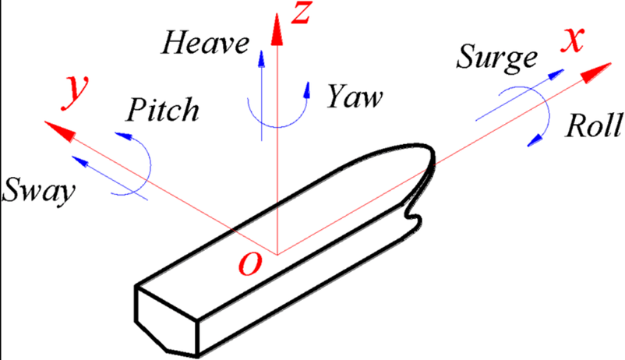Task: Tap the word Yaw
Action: pos(355,96)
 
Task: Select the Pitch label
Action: pos(163,109)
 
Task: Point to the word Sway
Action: pos(38,191)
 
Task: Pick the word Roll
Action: pos(594,125)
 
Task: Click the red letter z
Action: pos(300,12)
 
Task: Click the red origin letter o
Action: pos(250,263)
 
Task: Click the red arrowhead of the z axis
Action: pos(277,29)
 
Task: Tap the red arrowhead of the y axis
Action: pos(60,130)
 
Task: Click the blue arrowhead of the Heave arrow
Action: pos(261,58)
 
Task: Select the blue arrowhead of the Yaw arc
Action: pos(307,90)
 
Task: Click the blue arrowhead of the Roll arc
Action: pos(535,140)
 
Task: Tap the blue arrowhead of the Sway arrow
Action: pos(79,161)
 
